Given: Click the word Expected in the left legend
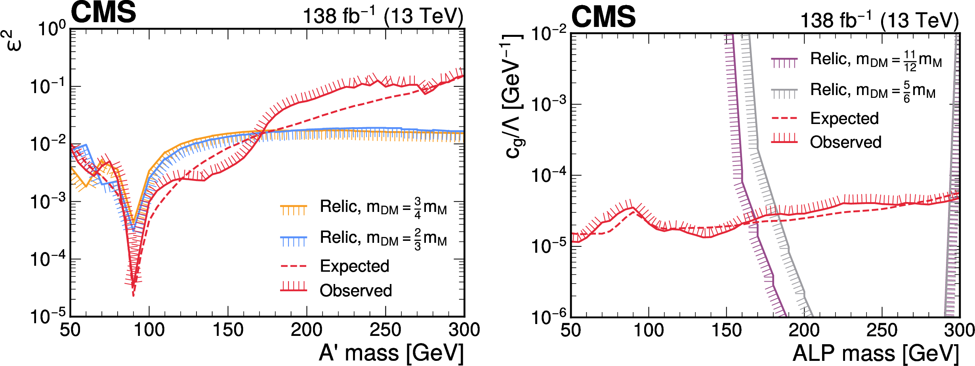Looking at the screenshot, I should click(355, 266).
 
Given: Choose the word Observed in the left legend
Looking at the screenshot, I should click(356, 291).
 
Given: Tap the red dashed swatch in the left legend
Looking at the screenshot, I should click(294, 266).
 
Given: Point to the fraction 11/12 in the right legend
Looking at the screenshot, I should click(910, 61).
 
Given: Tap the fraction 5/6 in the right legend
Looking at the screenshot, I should click(906, 92).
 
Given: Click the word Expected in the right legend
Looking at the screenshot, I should click(845, 118).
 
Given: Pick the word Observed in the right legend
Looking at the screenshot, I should click(846, 142).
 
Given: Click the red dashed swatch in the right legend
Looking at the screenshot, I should click(784, 118).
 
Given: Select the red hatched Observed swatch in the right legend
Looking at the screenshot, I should click(784, 139).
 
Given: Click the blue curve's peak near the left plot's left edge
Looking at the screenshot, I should click(86, 145).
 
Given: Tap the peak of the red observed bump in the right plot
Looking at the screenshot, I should click(633, 208).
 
